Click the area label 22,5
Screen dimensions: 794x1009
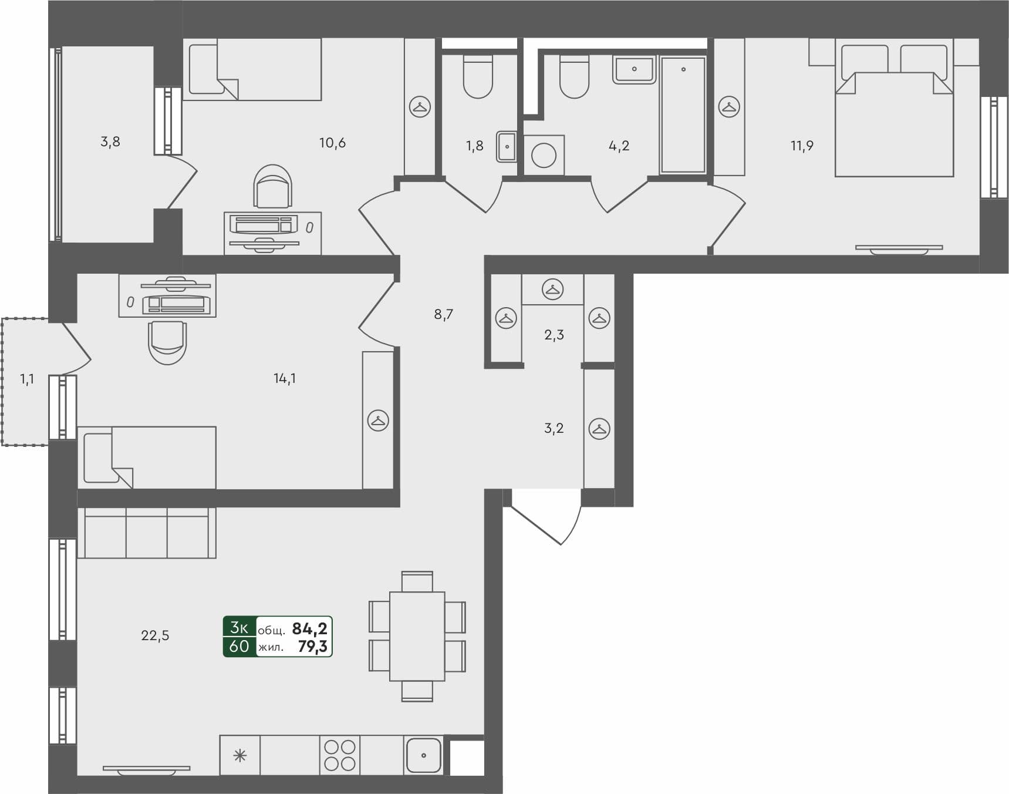pos(155,635)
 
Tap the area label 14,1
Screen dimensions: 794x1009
pos(285,379)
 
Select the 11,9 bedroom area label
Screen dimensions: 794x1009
pos(802,146)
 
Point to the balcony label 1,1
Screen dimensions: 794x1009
pos(27,379)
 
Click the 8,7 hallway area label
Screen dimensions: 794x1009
pos(444,315)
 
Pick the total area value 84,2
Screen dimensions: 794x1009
pos(310,629)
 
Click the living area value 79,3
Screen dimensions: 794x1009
pos(312,647)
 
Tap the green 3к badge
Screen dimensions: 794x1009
pos(239,627)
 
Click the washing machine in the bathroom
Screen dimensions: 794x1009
pos(544,156)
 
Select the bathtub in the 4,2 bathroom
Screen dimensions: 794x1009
pos(683,115)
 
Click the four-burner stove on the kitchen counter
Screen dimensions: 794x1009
pos(340,755)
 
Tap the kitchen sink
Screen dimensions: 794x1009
pos(423,755)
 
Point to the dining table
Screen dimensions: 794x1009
pos(417,636)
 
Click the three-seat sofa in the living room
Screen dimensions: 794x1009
pos(147,533)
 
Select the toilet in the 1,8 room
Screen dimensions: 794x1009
pos(478,78)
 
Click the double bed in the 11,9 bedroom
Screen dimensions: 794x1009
pos(894,117)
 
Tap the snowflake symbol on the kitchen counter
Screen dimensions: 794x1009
pos(240,755)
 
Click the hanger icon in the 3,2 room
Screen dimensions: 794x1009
pos(599,429)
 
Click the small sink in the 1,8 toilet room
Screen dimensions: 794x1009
pos(507,146)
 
